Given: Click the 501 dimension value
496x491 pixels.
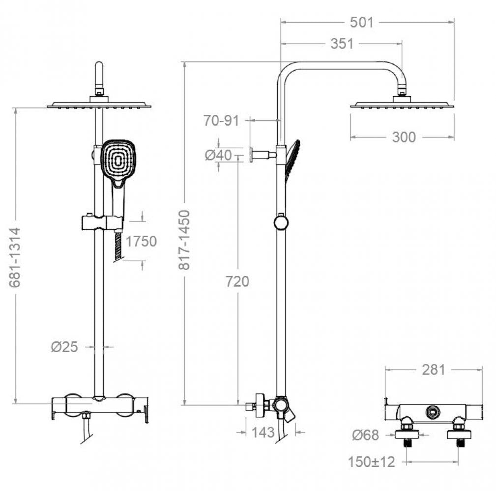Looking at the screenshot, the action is point(362,23).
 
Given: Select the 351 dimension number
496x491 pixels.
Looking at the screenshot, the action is point(342,44).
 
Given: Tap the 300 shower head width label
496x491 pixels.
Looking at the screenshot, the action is point(404,137).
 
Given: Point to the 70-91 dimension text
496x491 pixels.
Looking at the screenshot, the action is point(221,120).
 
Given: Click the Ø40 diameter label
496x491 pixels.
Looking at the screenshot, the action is point(218,155).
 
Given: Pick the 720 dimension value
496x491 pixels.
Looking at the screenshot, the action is point(237,281).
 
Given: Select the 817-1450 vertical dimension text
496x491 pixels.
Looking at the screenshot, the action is point(184,240).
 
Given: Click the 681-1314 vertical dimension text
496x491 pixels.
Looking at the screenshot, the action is point(15,257).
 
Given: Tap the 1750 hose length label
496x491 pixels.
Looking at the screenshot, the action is point(141,242).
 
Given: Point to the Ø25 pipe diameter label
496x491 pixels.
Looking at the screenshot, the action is point(64,347).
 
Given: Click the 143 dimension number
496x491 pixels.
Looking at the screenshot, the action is point(263,433).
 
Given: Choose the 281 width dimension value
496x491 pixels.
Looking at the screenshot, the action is point(434,370).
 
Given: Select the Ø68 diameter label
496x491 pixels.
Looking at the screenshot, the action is point(365,435).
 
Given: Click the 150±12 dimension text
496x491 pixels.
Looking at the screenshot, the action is point(371,462).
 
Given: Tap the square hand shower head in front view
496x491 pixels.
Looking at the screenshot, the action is point(118,161).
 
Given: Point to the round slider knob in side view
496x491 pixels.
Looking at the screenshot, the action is point(281,222).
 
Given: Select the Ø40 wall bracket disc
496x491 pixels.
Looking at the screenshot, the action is point(251,155).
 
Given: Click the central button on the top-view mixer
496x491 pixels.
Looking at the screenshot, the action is point(432,412).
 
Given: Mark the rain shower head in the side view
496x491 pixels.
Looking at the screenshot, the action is point(402,105).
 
